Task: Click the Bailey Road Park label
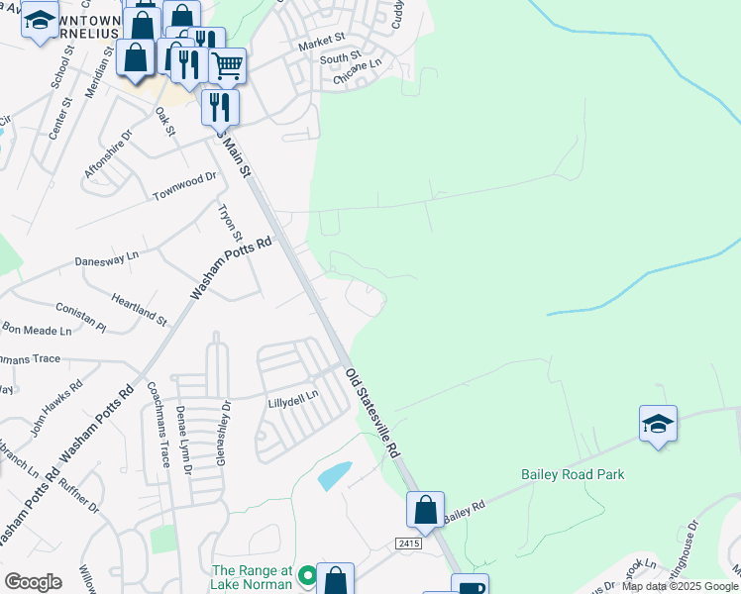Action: click(573, 474)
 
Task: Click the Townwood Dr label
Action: click(184, 186)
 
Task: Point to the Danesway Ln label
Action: click(107, 258)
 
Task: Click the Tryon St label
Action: click(230, 223)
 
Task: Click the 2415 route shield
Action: click(407, 544)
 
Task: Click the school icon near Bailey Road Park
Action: click(658, 424)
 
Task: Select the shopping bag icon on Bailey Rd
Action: click(425, 509)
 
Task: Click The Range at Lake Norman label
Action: click(252, 577)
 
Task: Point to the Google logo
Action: click(33, 581)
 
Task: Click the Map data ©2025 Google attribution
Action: click(680, 586)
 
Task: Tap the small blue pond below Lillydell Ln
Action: click(335, 476)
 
